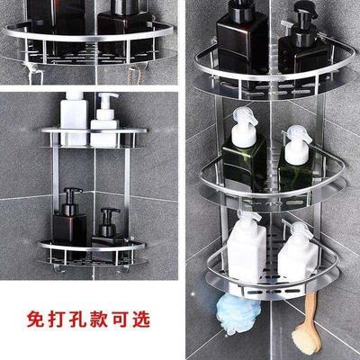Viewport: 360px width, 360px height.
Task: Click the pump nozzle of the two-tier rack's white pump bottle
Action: tap(103, 96)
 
